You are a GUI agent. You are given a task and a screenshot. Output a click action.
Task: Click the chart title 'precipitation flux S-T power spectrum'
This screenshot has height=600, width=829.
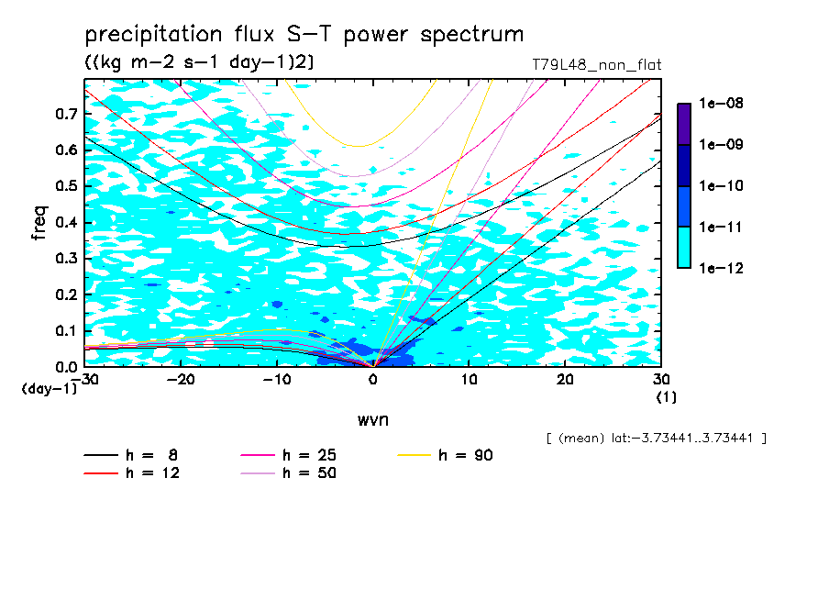pos(304,36)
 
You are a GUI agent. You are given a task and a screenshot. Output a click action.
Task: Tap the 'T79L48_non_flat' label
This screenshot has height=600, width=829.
pos(597,65)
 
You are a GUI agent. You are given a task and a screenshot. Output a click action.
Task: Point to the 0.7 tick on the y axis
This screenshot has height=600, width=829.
pos(63,114)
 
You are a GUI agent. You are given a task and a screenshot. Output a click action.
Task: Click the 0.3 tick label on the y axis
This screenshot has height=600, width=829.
pos(63,259)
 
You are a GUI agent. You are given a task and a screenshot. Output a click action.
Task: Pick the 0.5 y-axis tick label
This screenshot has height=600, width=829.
pos(63,186)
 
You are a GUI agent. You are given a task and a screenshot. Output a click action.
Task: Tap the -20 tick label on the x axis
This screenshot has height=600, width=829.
pos(180,380)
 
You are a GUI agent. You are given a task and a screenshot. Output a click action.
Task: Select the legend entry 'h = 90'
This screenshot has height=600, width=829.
pos(467,455)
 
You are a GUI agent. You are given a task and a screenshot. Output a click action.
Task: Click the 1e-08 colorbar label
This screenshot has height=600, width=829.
pos(721,104)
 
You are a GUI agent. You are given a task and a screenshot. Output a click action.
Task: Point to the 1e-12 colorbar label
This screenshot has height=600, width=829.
pos(721,268)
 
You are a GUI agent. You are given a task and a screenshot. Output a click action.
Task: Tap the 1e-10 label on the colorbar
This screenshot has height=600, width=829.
pos(721,186)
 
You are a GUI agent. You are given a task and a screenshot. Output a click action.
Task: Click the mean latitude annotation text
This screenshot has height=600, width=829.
pos(656,439)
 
